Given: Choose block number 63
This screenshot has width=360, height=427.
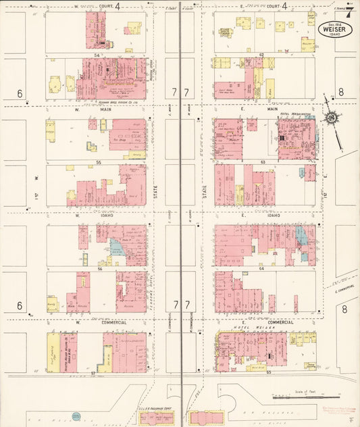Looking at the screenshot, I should [261, 163].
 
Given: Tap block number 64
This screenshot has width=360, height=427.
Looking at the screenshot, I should [261, 268].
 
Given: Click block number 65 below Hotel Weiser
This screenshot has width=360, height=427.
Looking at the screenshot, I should [267, 372].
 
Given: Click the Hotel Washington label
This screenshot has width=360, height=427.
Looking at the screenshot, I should [295, 115].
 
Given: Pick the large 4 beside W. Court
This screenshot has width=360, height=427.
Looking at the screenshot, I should [118, 6].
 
